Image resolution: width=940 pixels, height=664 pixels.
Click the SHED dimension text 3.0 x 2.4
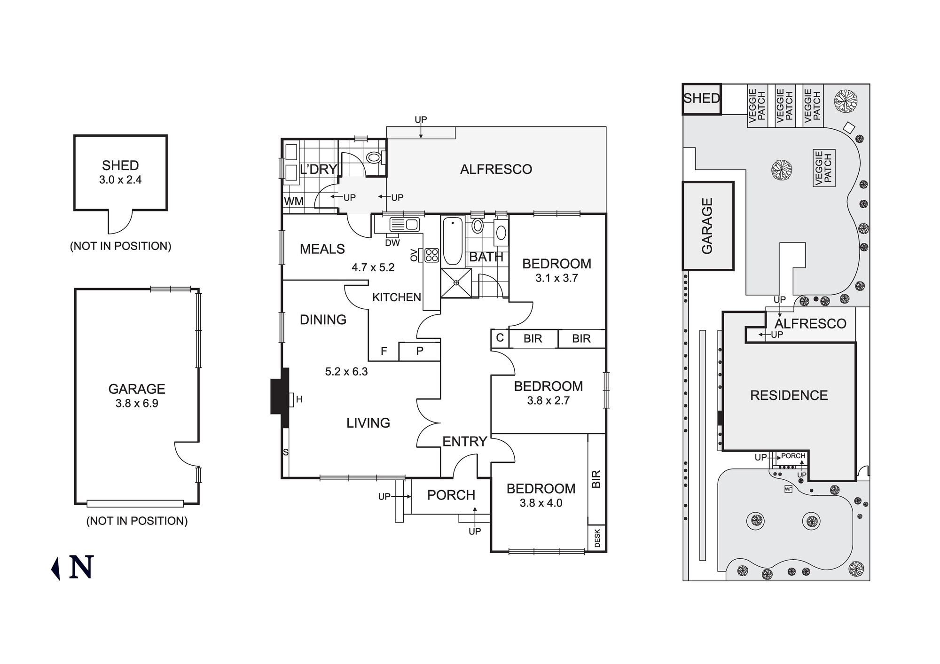120,180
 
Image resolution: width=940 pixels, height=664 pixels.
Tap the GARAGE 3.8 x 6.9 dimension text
137,404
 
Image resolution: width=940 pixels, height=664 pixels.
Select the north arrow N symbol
81,567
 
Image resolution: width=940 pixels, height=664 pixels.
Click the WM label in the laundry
294,202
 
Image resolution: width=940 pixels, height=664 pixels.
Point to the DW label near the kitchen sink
392,243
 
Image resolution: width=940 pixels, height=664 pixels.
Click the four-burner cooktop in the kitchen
431,255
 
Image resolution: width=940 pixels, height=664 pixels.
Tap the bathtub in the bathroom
453,241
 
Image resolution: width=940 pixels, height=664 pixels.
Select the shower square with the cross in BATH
456,283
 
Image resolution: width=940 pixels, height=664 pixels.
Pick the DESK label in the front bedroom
597,539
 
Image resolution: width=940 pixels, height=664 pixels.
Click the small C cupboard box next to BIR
500,338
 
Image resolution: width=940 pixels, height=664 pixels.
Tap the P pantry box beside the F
420,351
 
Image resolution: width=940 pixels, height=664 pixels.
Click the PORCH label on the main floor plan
451,495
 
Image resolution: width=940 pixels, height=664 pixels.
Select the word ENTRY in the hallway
464,442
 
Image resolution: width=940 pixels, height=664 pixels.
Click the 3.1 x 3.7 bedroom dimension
556,278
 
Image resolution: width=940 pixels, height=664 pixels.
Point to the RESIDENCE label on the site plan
789,396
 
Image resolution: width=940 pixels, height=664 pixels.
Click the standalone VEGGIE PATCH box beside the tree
823,168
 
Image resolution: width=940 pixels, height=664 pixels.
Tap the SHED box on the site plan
701,99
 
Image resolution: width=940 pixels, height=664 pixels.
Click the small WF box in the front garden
788,490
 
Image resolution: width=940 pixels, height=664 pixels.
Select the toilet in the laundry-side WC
375,157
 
